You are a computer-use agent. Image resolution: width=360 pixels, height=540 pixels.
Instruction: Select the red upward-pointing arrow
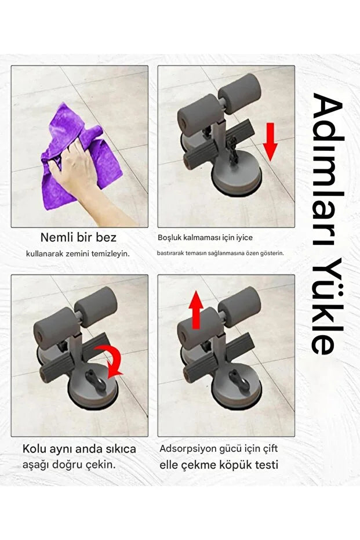pos(196,310)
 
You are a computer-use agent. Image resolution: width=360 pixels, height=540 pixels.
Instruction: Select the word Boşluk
pos(172,238)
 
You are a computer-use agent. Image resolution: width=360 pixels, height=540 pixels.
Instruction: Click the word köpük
pos(237,465)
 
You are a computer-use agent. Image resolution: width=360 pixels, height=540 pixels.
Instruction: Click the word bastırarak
pos(170,253)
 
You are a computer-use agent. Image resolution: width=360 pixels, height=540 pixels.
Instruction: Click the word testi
pos(266,465)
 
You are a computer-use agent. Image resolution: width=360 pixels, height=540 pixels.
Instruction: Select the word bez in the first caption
pos(107,237)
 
